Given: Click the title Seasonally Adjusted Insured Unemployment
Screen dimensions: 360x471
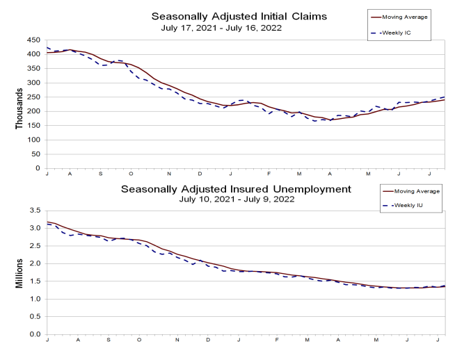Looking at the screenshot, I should (x=237, y=189).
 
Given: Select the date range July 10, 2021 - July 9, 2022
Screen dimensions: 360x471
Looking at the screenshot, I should (x=237, y=199).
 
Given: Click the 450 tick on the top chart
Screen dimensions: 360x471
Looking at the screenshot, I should (x=34, y=40).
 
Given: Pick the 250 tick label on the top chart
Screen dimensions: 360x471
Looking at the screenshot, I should (x=34, y=97).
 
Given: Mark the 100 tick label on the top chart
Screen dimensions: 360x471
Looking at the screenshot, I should (x=34, y=140).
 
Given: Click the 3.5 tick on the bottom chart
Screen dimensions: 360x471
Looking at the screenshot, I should (x=36, y=210).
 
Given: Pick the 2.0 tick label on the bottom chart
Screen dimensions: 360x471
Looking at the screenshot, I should (x=36, y=263).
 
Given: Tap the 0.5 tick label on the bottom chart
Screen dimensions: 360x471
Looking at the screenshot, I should (x=36, y=317).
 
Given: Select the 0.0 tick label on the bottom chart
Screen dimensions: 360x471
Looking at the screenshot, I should (x=36, y=335).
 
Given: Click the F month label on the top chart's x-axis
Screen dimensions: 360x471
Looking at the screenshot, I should (x=267, y=174).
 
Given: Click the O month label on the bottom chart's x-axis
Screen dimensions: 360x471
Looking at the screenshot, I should (x=139, y=340).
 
